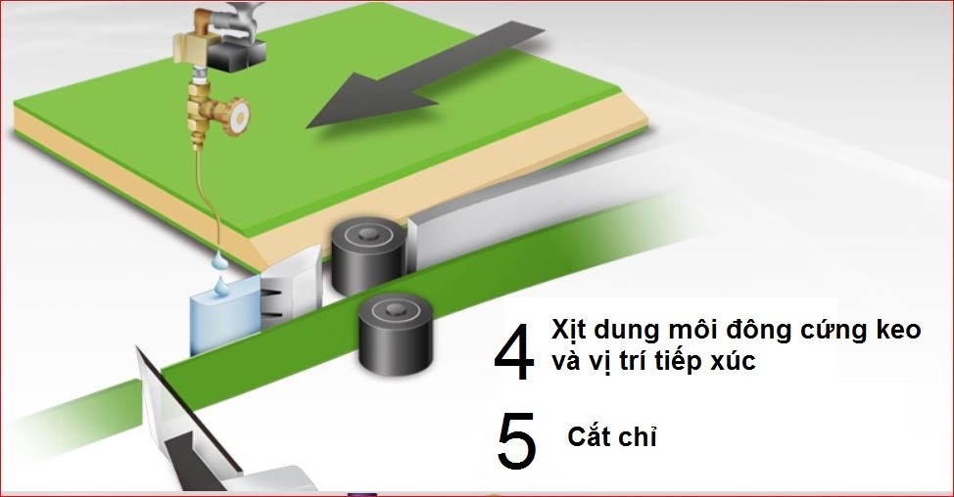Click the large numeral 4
tap(514, 352)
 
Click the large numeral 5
tap(516, 441)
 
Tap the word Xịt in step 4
tap(570, 331)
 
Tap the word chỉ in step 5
tap(639, 435)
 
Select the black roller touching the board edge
tap(368, 255)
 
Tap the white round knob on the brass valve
tap(239, 115)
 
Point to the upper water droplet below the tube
tap(217, 261)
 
